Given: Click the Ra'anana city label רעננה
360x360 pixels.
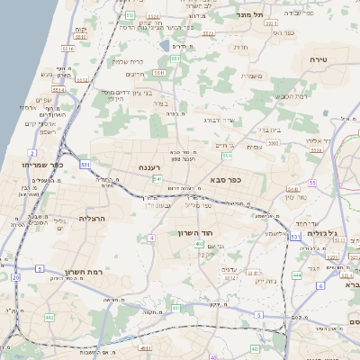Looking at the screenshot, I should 144,167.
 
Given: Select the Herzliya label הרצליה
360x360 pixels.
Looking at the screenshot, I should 93,219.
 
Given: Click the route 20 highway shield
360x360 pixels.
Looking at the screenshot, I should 15,277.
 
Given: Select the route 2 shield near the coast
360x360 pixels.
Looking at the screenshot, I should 32,154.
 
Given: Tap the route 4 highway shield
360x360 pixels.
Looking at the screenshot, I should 151,238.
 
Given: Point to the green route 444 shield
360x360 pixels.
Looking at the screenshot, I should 297,275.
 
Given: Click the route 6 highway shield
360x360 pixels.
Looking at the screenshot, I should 320,285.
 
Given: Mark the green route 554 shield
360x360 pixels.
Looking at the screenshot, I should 227,156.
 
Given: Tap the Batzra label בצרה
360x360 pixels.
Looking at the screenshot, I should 159,103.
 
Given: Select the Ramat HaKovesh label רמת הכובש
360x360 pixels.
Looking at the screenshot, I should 291,95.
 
